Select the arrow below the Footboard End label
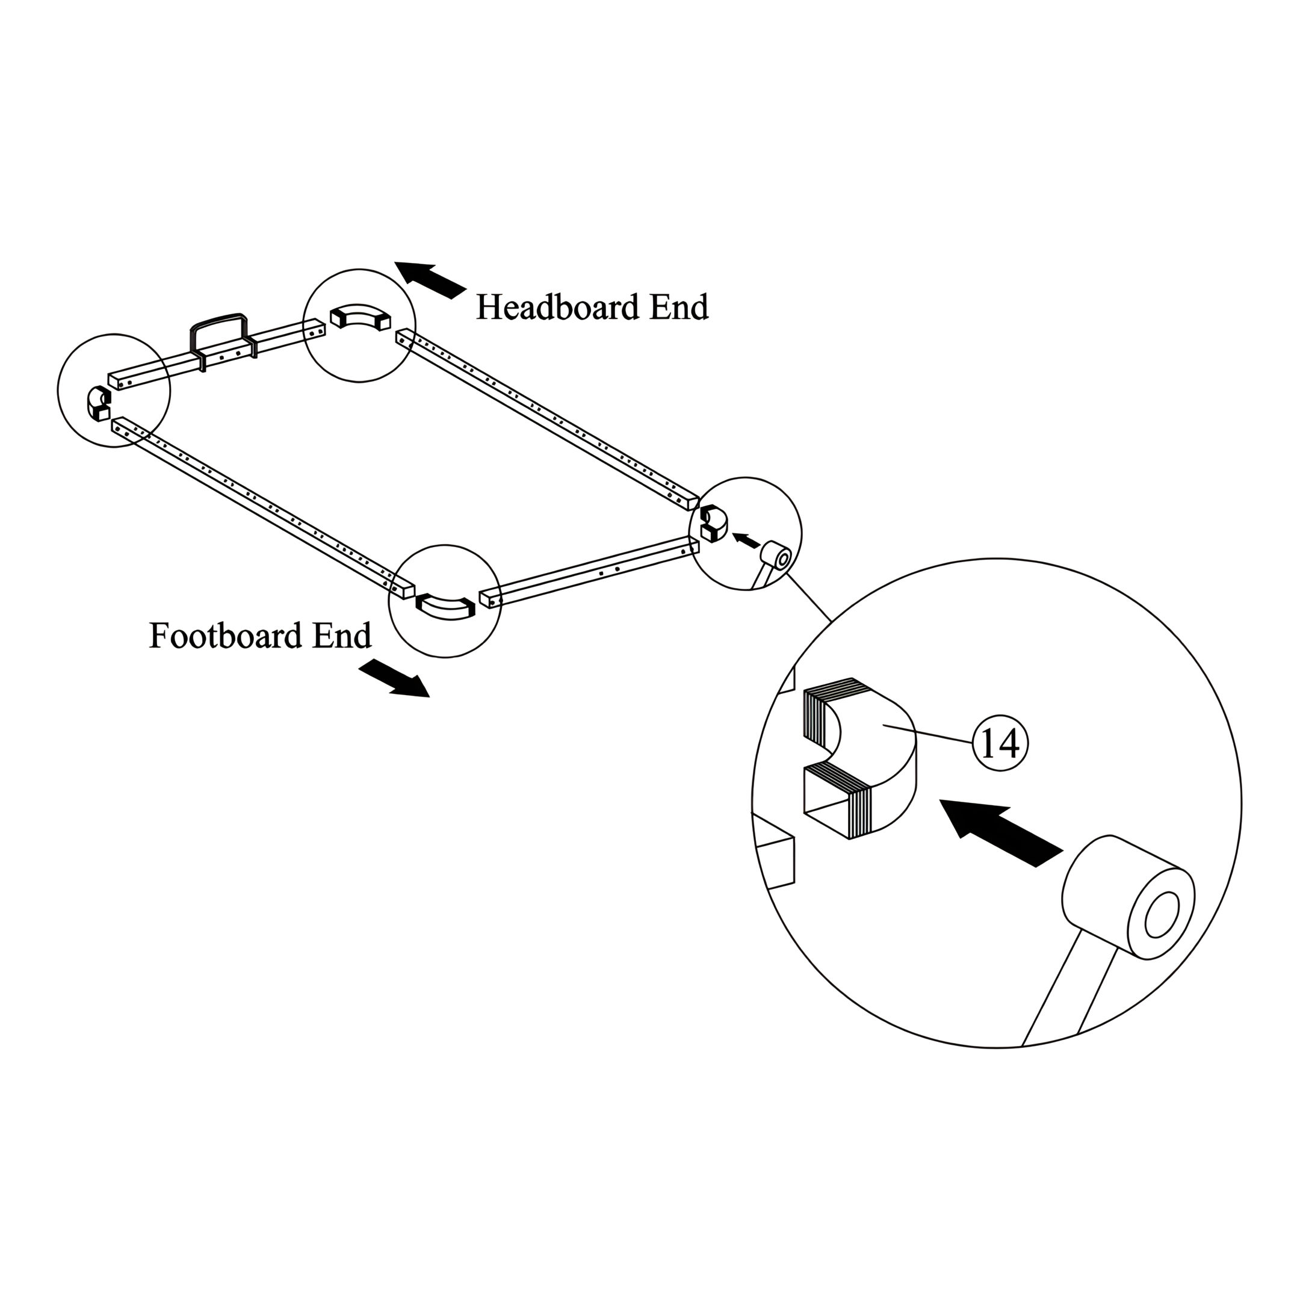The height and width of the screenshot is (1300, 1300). click(394, 678)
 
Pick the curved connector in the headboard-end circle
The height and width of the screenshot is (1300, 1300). click(360, 316)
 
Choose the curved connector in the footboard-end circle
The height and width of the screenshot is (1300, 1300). click(445, 605)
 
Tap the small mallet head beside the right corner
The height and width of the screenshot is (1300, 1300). click(776, 558)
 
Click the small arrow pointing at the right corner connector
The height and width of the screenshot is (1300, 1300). click(746, 539)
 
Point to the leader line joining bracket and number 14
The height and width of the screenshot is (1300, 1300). click(929, 734)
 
